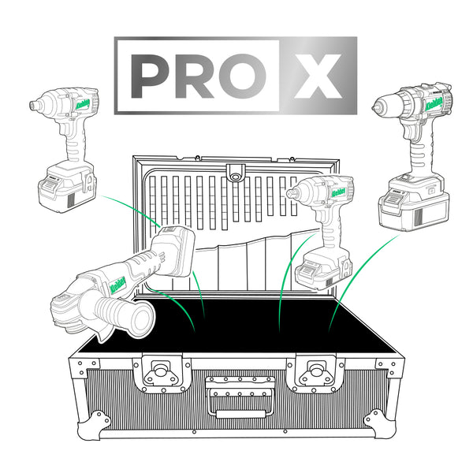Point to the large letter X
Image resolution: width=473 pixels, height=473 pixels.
click(x=318, y=76)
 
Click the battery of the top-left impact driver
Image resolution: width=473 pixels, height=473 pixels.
click(x=67, y=186)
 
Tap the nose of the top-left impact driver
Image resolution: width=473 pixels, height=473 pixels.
click(x=35, y=104)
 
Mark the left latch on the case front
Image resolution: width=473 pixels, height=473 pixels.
click(x=164, y=371)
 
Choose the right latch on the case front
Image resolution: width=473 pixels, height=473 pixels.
click(x=317, y=371)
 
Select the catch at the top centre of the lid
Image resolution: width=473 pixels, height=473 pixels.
click(x=233, y=171)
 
